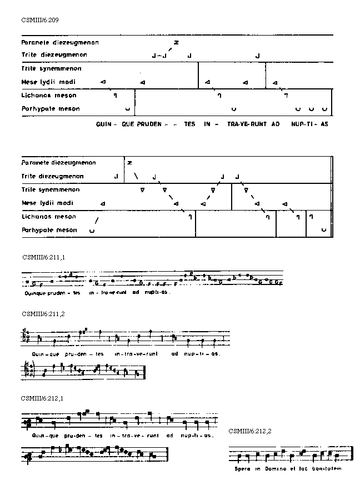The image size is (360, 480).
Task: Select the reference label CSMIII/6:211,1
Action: (44, 257)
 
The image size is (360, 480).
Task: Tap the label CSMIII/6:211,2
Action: (43, 314)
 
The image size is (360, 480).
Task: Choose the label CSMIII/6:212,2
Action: (250, 431)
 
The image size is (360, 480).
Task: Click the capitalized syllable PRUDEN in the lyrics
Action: (146, 124)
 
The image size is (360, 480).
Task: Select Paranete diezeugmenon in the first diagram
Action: (58, 42)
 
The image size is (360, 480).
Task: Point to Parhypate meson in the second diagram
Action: (50, 229)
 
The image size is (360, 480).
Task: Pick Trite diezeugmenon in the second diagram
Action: (53, 176)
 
